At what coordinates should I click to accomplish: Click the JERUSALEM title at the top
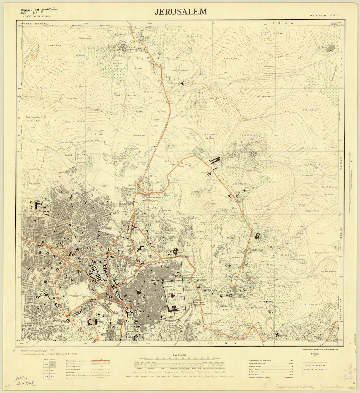181,12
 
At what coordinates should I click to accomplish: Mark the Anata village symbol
330,49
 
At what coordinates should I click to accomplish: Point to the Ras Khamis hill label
231,59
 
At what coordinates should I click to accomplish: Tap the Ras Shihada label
262,96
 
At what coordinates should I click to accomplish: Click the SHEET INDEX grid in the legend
47,367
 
